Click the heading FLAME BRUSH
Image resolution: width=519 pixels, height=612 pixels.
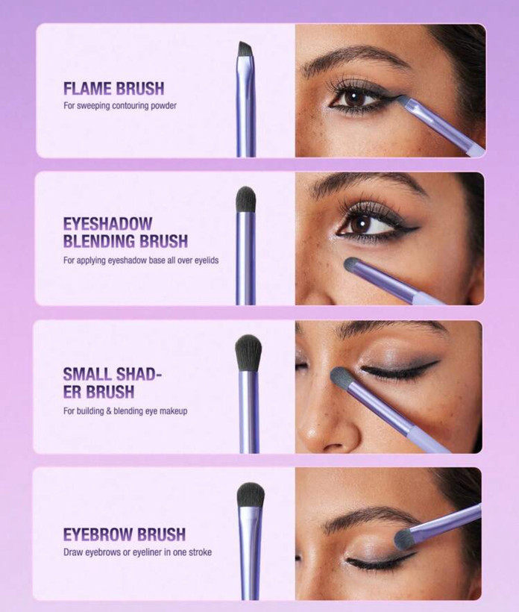[114, 89]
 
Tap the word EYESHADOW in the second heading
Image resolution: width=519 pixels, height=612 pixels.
[107, 224]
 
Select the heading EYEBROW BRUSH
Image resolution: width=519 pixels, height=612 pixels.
[125, 534]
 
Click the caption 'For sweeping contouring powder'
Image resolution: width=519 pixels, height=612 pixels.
[120, 106]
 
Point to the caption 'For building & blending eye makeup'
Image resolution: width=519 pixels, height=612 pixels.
[125, 411]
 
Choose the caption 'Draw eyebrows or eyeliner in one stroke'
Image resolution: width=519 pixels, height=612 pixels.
[138, 552]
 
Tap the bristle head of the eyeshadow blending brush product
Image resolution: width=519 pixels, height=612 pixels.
[245, 199]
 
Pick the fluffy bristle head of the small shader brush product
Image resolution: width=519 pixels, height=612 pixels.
[248, 352]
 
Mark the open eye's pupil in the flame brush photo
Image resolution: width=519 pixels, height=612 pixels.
[354, 98]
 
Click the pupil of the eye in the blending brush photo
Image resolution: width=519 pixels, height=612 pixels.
[363, 224]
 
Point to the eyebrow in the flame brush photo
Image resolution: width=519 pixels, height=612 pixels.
[355, 57]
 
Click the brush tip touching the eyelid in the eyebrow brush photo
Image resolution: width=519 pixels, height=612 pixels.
[404, 539]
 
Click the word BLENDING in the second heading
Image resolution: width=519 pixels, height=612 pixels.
[99, 241]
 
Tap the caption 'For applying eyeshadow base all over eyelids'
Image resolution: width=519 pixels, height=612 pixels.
[141, 260]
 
